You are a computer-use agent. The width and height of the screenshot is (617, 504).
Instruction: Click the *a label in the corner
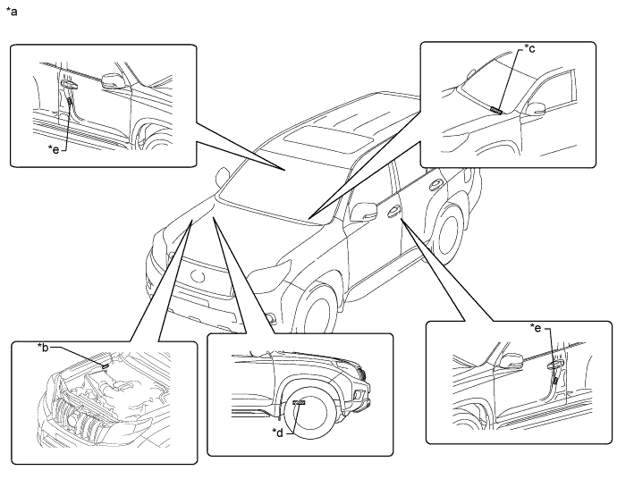pos(12,13)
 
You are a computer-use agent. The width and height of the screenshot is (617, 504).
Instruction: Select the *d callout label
pos(278,433)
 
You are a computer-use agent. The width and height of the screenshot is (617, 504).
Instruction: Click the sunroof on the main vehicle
pos(323,139)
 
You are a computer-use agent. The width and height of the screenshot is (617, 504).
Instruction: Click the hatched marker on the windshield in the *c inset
pos(496,109)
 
